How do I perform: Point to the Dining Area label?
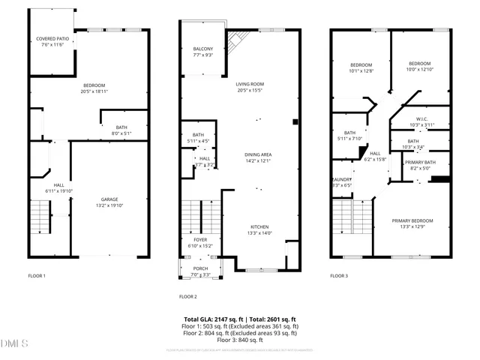tap(257, 157)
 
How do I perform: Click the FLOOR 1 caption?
tap(37, 276)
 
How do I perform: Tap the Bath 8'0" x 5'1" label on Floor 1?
tap(121, 130)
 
